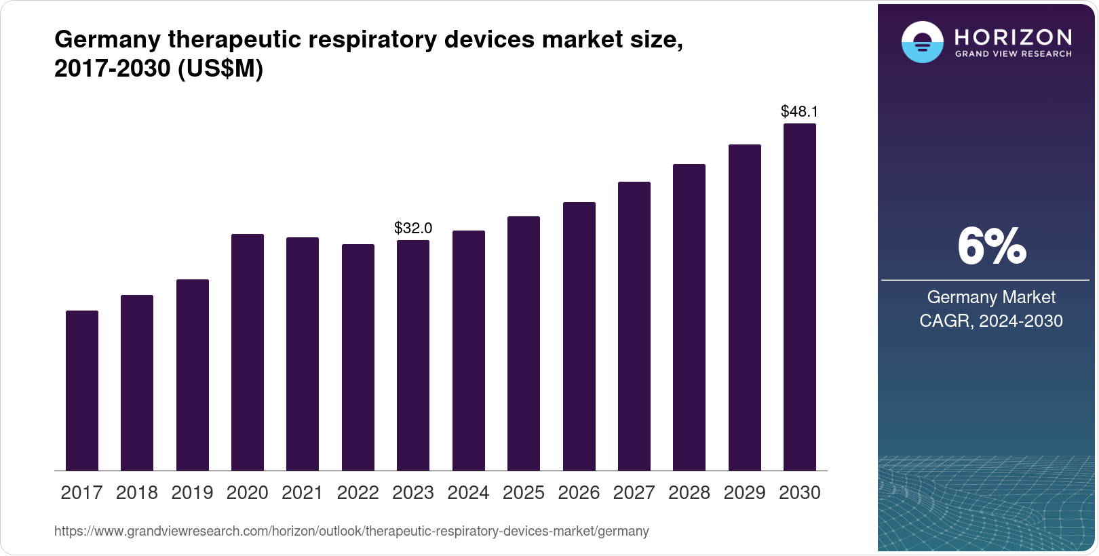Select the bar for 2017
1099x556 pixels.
pos(82,391)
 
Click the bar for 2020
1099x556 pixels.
pos(248,353)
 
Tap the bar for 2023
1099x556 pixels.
pos(413,355)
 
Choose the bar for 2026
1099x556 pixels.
pos(579,336)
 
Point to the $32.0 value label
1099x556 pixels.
pos(413,229)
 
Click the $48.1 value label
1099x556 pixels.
pos(799,111)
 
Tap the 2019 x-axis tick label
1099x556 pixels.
pos(192,493)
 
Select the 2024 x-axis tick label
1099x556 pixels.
pos(468,493)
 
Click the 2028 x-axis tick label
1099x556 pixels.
pos(689,493)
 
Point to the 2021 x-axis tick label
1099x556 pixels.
pos(303,493)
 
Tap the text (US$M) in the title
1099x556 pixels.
pos(220,69)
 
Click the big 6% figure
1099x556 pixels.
pos(990,247)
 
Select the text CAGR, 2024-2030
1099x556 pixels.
pos(990,321)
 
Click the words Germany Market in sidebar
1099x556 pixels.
pos(990,297)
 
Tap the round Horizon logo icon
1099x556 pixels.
pos(922,42)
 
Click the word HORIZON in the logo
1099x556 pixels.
pos(1013,37)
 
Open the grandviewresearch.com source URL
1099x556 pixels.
pos(351,532)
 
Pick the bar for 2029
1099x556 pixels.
pos(745,308)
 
